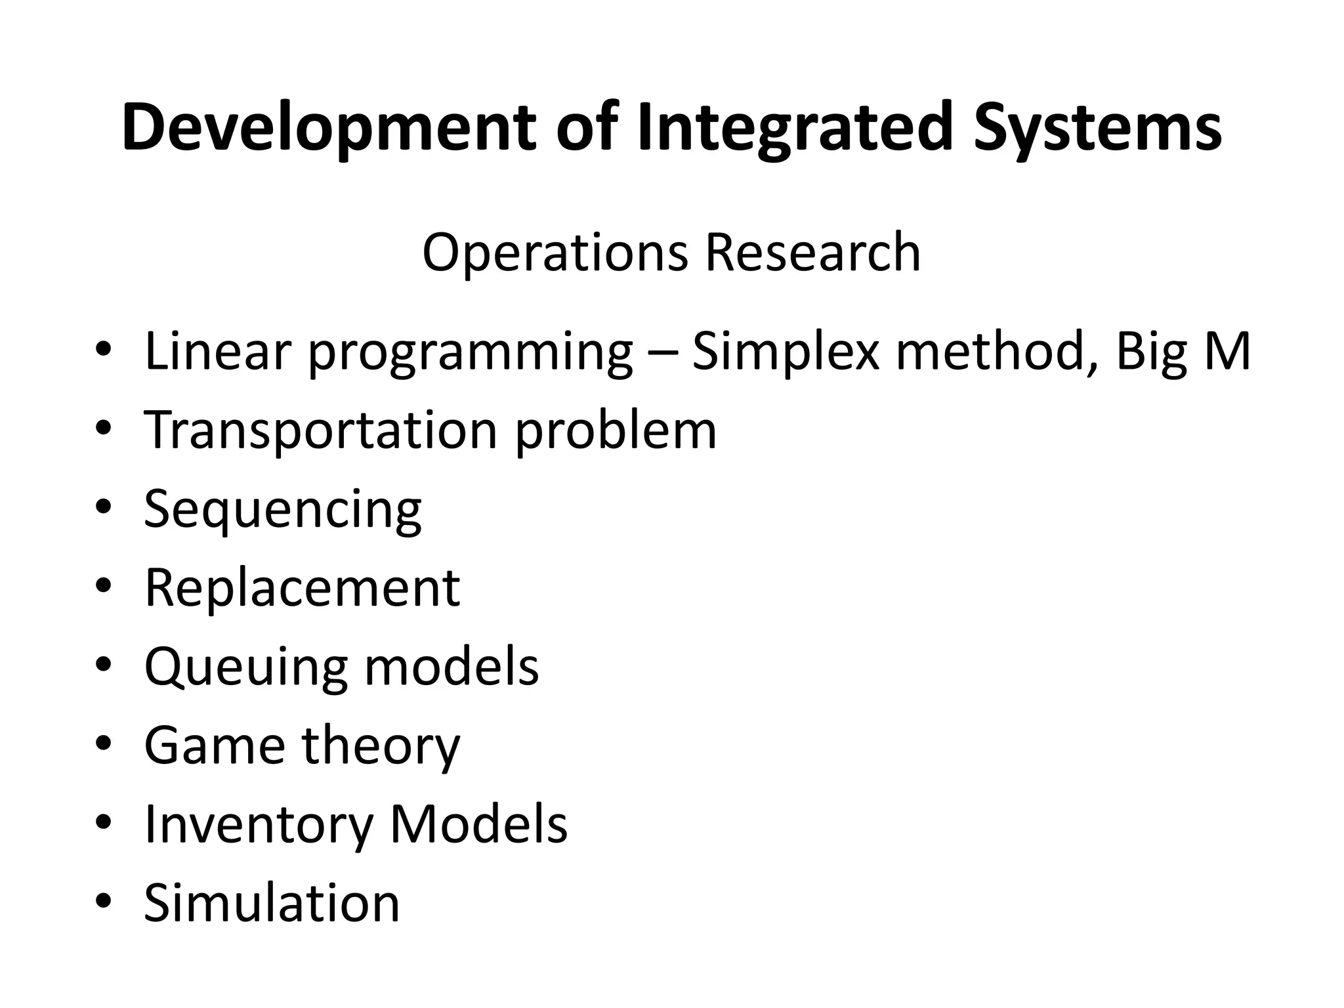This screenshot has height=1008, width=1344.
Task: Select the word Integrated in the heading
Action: tap(795, 128)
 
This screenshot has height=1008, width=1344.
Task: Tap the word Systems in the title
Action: tap(1097, 128)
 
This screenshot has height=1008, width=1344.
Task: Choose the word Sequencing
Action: tap(282, 511)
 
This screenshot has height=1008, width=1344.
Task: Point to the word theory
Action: tap(381, 746)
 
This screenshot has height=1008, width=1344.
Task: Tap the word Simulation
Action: tap(272, 903)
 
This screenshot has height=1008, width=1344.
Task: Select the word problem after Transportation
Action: tap(615, 432)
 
